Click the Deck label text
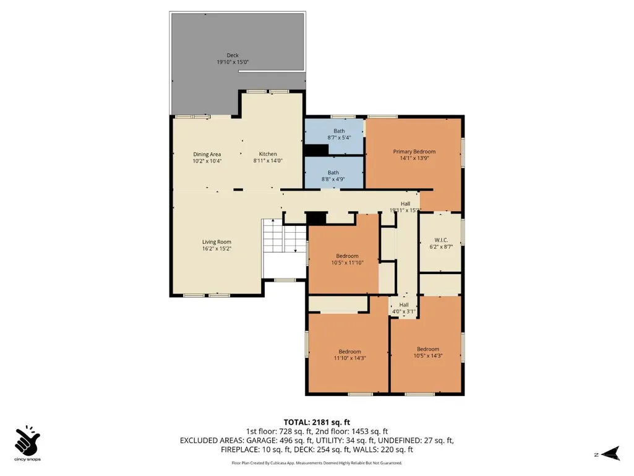coord(233,55)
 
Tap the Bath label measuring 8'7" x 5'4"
coord(339,134)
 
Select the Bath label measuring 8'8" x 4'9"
coord(333,176)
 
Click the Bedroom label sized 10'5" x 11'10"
coord(348,259)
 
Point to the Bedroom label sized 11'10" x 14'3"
coord(349,355)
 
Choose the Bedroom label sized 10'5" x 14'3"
coord(428,352)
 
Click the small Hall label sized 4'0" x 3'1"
coord(404,308)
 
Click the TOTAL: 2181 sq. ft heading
coord(317,423)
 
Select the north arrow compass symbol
coord(610,453)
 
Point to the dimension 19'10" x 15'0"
coord(233,63)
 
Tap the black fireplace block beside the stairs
coord(316,218)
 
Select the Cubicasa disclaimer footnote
coord(317,462)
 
